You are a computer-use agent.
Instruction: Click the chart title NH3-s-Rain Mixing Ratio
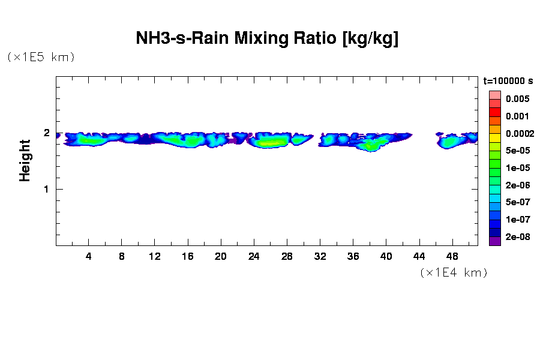coord(268,39)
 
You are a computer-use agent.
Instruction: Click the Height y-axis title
coord(25,160)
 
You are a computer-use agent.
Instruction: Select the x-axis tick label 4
coord(89,256)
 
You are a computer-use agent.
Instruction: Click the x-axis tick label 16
coord(188,256)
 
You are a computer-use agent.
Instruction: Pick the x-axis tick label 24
coord(254,256)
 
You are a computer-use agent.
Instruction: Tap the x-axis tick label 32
coord(320,256)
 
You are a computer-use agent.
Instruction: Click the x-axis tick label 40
coord(386,256)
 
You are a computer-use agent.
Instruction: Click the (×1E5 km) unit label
coord(41,57)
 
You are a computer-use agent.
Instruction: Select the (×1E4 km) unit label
coord(454,272)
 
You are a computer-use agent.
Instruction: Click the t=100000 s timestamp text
coord(508,80)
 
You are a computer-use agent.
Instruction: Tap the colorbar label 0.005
coord(517,99)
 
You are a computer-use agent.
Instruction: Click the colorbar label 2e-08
coord(517,237)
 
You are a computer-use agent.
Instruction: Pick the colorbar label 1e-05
coord(517,168)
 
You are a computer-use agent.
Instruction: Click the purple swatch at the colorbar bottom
coord(494,241)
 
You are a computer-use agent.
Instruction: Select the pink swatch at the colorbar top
coord(494,95)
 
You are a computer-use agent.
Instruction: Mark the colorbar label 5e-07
coord(517,202)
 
